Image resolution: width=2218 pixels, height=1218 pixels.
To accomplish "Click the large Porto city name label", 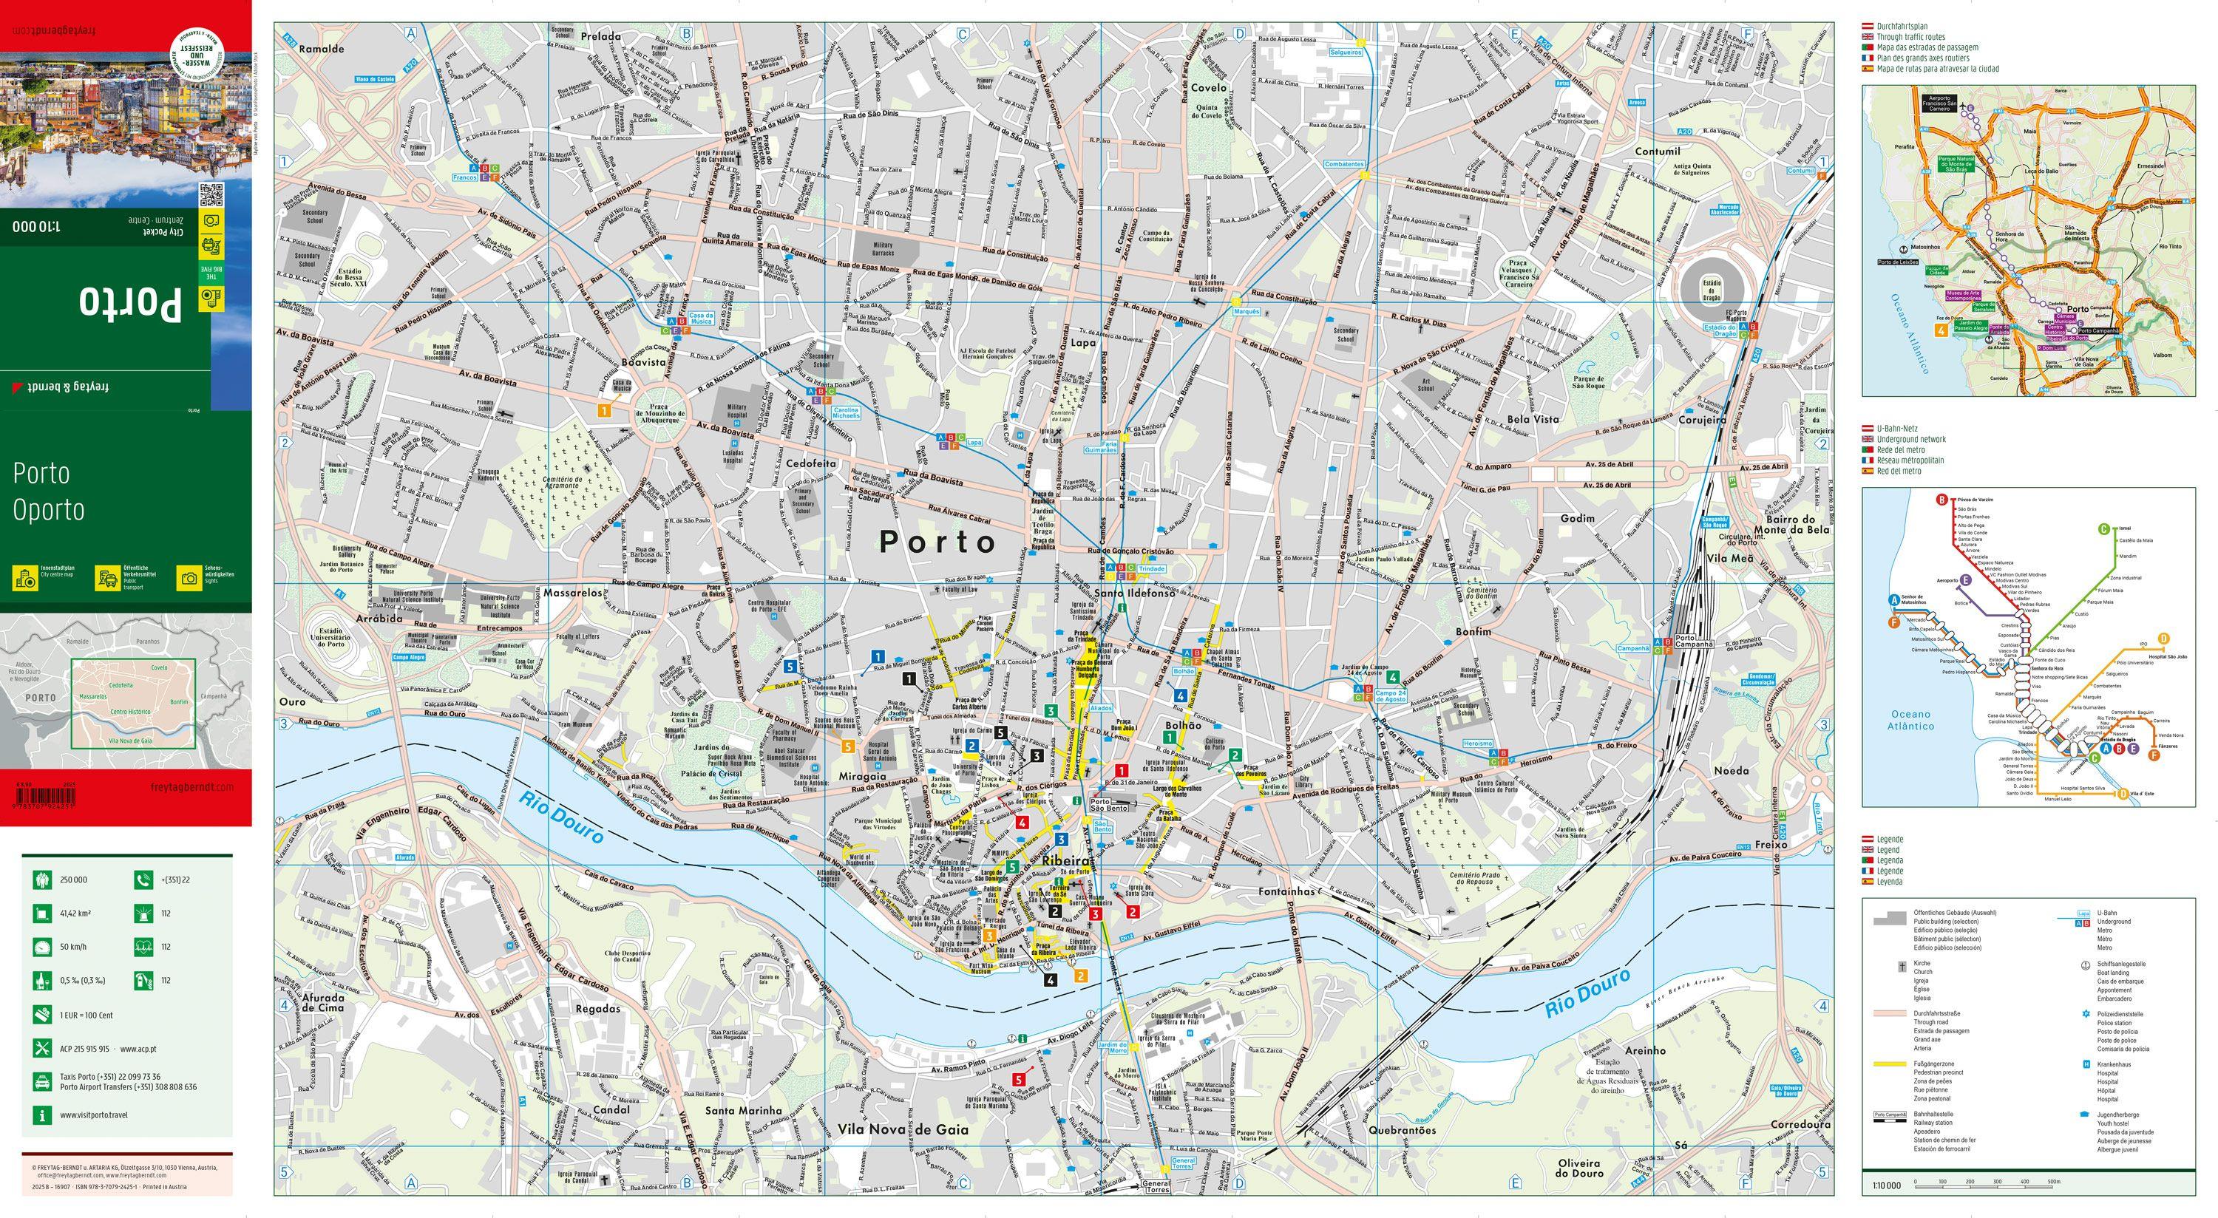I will (x=937, y=542).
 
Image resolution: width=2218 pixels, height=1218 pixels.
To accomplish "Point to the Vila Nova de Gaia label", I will (x=903, y=1129).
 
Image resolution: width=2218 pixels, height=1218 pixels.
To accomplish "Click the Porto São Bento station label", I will (x=1109, y=804).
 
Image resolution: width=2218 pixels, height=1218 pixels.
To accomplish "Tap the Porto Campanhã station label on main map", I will (x=1693, y=642).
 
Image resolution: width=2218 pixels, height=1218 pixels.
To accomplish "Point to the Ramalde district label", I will (x=321, y=49).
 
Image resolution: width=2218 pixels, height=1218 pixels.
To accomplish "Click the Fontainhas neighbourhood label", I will (x=1286, y=892).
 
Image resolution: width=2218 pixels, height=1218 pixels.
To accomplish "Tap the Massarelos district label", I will (x=572, y=593).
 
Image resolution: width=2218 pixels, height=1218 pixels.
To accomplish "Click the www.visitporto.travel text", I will (x=94, y=1115).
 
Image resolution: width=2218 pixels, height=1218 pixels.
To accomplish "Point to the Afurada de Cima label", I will (x=323, y=1003).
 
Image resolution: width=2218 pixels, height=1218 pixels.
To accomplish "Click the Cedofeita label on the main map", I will (x=810, y=463).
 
